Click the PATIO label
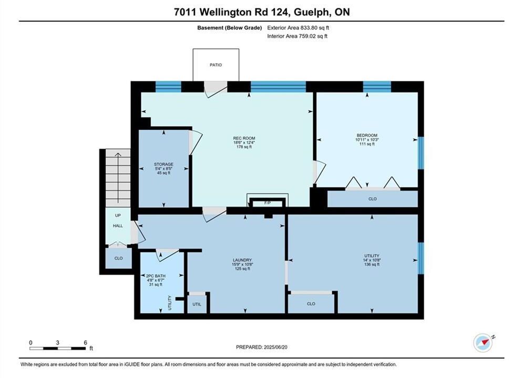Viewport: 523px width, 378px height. pyautogui.click(x=216, y=65)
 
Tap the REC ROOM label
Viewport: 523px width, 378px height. pyautogui.click(x=244, y=138)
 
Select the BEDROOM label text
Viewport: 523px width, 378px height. pyautogui.click(x=367, y=135)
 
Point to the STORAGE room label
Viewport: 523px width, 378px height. pyautogui.click(x=163, y=164)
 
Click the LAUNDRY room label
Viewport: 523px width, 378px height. pyautogui.click(x=242, y=260)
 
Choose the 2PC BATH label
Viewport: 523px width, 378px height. pyautogui.click(x=156, y=276)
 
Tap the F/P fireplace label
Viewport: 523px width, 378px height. pyautogui.click(x=267, y=203)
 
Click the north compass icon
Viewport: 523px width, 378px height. pyautogui.click(x=483, y=343)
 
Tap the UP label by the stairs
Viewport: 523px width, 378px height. pyautogui.click(x=118, y=215)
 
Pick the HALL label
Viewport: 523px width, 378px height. pyautogui.click(x=118, y=226)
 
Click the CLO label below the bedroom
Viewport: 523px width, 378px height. pyautogui.click(x=372, y=199)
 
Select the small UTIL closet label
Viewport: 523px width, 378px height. pyautogui.click(x=197, y=304)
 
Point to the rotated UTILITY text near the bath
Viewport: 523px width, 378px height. pyautogui.click(x=169, y=303)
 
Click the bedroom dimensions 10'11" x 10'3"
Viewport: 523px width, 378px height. pyautogui.click(x=367, y=140)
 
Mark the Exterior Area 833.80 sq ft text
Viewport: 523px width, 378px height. pyautogui.click(x=298, y=28)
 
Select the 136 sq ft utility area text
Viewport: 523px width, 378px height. pyautogui.click(x=372, y=265)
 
